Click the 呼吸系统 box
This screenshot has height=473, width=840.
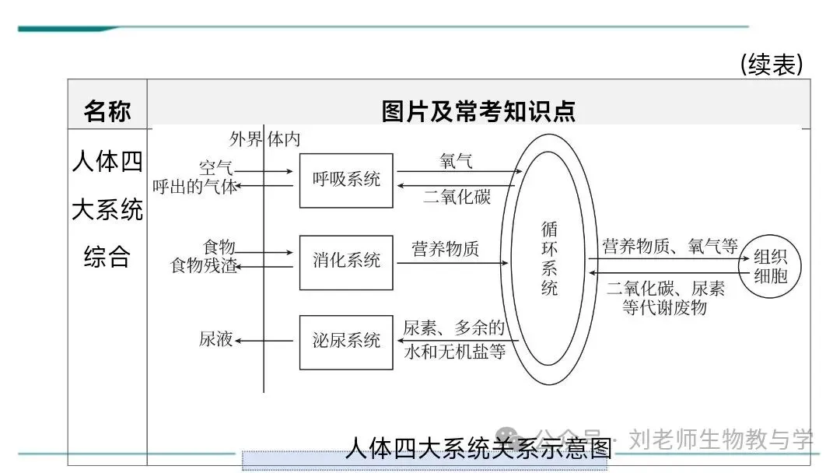[x=346, y=180]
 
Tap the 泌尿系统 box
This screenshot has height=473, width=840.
[x=346, y=342]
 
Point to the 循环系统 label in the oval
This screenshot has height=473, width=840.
[x=549, y=258]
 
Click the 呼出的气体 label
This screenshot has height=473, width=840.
[x=195, y=187]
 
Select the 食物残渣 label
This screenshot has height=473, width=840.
[x=204, y=266]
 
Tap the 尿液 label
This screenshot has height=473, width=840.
[x=216, y=340]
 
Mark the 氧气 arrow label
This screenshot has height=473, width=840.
[x=456, y=160]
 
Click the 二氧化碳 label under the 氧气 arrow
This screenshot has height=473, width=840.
[x=457, y=197]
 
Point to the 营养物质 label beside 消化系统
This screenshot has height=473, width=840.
[x=446, y=249]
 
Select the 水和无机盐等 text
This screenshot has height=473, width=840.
[x=455, y=352]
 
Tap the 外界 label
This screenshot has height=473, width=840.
[x=246, y=139]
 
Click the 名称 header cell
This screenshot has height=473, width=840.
[x=107, y=112]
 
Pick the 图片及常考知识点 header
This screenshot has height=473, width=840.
[x=478, y=111]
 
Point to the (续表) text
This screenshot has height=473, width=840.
[x=771, y=65]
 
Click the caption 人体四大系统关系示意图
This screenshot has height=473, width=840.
[x=478, y=449]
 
